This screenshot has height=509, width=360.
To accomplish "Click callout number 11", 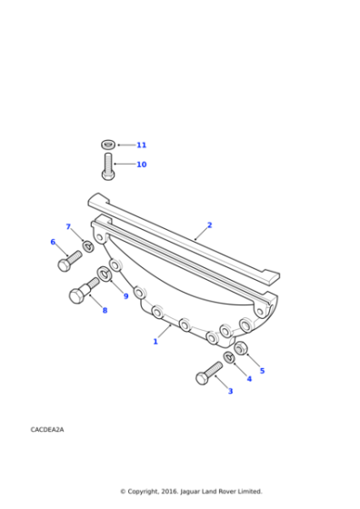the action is pyautogui.click(x=141, y=145).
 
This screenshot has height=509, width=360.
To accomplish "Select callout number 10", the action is pyautogui.click(x=141, y=165).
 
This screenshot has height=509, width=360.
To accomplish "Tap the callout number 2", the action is pyautogui.click(x=209, y=225).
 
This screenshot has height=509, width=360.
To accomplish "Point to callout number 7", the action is pyautogui.click(x=67, y=226).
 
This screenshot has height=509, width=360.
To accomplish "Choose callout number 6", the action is pyautogui.click(x=53, y=242).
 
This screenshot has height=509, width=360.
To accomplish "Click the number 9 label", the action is pyautogui.click(x=125, y=296).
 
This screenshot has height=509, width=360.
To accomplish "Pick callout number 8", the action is pyautogui.click(x=104, y=311).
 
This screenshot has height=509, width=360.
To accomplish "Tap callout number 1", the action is pyautogui.click(x=155, y=342).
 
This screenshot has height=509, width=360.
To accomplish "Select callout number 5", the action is pyautogui.click(x=262, y=371).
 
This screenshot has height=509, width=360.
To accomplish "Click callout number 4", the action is pyautogui.click(x=249, y=378).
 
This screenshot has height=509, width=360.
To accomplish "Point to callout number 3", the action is pyautogui.click(x=230, y=391).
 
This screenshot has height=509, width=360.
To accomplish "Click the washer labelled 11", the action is pyautogui.click(x=108, y=144).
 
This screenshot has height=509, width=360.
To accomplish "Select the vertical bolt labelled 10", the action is pyautogui.click(x=107, y=167).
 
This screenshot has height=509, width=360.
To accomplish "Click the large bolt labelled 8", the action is pyautogui.click(x=84, y=292).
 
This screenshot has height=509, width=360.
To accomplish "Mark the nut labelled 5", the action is pyautogui.click(x=241, y=349).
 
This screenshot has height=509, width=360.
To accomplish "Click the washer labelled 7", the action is pyautogui.click(x=88, y=245).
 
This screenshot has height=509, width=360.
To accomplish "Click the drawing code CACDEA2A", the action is pyautogui.click(x=47, y=428).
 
